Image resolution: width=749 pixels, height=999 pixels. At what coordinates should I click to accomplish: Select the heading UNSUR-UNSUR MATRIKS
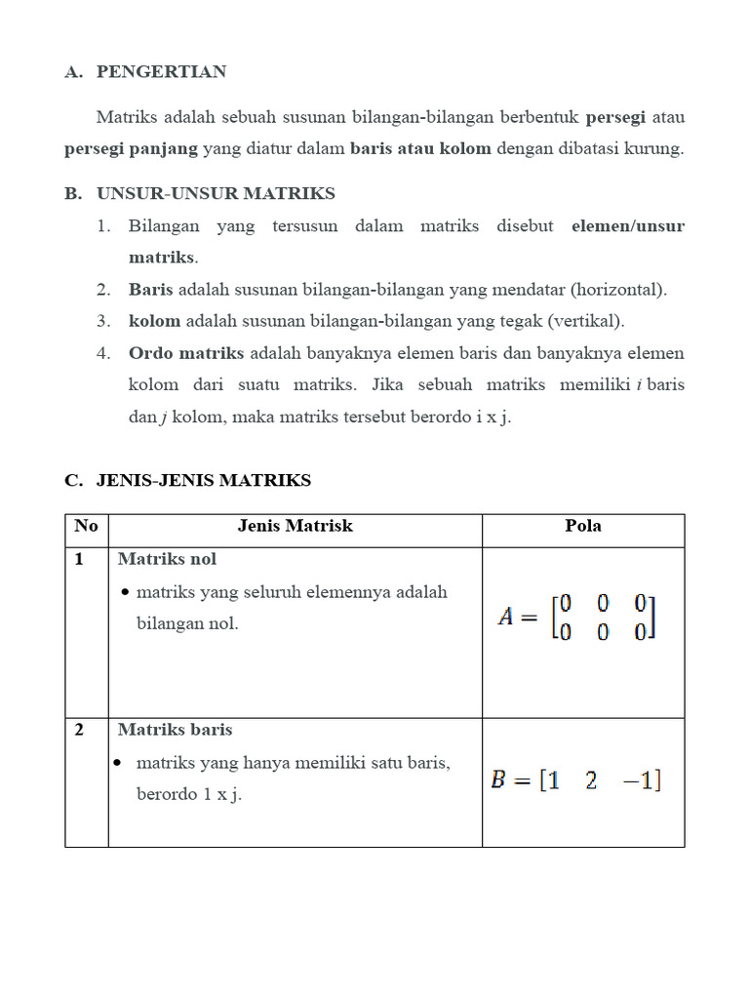point(216,193)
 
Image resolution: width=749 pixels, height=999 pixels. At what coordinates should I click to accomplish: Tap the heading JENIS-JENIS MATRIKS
point(204,480)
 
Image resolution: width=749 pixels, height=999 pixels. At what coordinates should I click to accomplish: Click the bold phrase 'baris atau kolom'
point(420,149)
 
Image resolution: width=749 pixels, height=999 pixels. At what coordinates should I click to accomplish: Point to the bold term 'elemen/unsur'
point(628,225)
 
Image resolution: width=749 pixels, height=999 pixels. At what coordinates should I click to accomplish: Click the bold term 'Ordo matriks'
point(187,353)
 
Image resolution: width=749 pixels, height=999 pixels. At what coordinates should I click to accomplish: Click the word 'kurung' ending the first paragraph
point(659,149)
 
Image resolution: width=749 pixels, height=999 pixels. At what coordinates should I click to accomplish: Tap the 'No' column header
point(86,527)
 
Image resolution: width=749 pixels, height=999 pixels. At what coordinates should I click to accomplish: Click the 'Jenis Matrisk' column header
point(295,527)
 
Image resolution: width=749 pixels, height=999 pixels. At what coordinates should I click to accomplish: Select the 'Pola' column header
point(583,527)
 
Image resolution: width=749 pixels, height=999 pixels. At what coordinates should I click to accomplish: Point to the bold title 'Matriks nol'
point(167,559)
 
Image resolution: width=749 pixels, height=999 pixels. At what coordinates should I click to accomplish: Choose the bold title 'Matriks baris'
point(175,730)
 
